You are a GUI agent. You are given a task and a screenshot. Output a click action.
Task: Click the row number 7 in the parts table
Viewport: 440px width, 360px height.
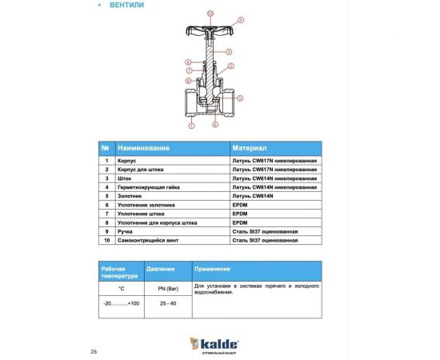(x=106, y=214)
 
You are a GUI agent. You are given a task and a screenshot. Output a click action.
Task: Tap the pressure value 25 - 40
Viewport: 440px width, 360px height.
(x=166, y=305)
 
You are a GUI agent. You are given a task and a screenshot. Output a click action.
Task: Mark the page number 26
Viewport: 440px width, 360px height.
(x=94, y=351)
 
